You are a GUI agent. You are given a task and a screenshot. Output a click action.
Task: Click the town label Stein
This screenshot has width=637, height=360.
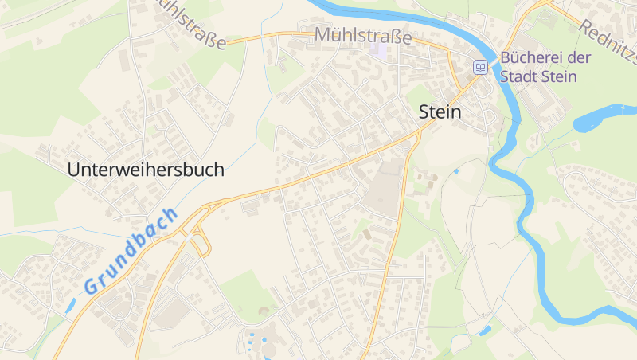coord(440,112)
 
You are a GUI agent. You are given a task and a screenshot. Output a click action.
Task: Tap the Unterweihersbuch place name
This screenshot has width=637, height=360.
coord(146,170)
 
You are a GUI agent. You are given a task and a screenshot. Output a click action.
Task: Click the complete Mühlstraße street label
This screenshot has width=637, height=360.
coord(363,36)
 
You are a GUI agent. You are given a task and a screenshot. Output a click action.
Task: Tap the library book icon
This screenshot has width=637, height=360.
coord(481,67)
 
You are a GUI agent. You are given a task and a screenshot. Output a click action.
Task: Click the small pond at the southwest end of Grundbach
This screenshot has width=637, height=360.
coord(71,304)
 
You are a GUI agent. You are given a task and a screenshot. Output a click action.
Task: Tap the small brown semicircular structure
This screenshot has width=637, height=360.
coord(264,311)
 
